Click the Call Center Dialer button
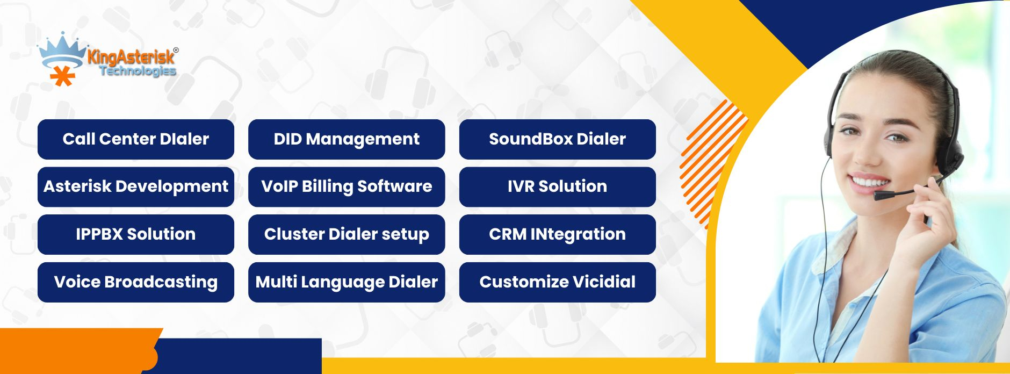[x=136, y=139]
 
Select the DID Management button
[x=347, y=139]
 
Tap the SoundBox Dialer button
[x=558, y=139]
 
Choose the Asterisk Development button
[x=136, y=187]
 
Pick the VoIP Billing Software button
[x=347, y=187]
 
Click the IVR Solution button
[x=558, y=187]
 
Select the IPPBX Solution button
[x=136, y=234]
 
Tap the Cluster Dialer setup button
[x=347, y=234]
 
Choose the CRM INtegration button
[x=558, y=234]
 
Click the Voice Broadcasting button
[x=136, y=282]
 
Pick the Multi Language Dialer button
[x=347, y=282]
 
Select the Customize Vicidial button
[x=558, y=282]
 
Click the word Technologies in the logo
[x=138, y=71]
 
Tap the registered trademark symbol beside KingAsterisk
[x=176, y=50]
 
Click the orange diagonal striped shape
[x=712, y=164]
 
